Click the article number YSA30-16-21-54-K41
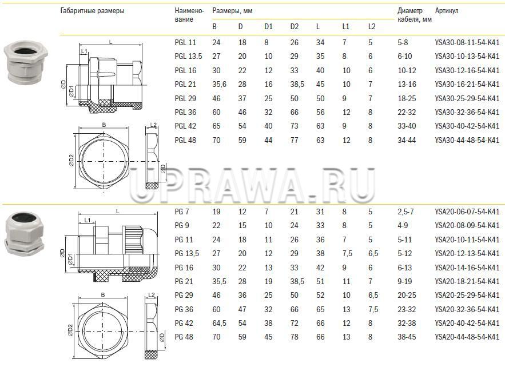coord(467,85)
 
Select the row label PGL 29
coord(185,98)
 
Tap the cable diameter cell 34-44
coord(407,141)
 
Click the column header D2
coord(295,26)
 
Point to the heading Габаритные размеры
coord(92,11)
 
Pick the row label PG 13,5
coord(187,254)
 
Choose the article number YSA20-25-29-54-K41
coord(467,296)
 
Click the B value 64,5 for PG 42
coord(219,324)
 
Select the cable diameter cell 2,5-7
coord(406,212)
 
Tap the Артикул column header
coord(447,11)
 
